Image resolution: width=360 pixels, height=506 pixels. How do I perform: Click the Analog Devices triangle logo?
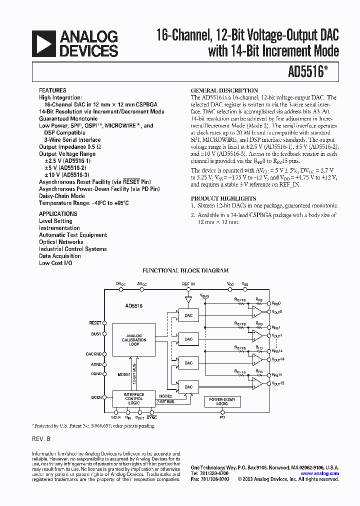click(x=43, y=43)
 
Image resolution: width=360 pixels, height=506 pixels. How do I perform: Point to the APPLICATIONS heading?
click(x=58, y=214)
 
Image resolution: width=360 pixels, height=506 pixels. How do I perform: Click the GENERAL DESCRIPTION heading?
click(x=217, y=91)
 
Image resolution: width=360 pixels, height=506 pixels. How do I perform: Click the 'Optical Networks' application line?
click(x=61, y=242)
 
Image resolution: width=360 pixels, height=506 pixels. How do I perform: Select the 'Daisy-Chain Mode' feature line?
click(x=62, y=196)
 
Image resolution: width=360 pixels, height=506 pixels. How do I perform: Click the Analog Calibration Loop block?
click(x=134, y=340)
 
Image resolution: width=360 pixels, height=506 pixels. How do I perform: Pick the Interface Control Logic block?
click(x=134, y=398)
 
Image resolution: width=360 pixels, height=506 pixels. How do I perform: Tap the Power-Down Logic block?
click(x=222, y=402)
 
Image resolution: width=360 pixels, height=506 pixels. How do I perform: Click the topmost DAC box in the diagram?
click(x=188, y=315)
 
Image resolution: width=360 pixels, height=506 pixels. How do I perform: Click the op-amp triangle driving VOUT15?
click(x=257, y=383)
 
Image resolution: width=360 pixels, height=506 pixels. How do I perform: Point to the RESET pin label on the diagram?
click(x=95, y=323)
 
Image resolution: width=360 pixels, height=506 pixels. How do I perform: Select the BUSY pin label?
click(x=96, y=334)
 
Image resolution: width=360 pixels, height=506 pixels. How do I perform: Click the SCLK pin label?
click(x=116, y=417)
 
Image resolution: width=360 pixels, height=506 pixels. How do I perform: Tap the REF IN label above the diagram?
click(x=188, y=284)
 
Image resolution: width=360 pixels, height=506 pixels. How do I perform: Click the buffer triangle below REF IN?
click(x=188, y=300)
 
